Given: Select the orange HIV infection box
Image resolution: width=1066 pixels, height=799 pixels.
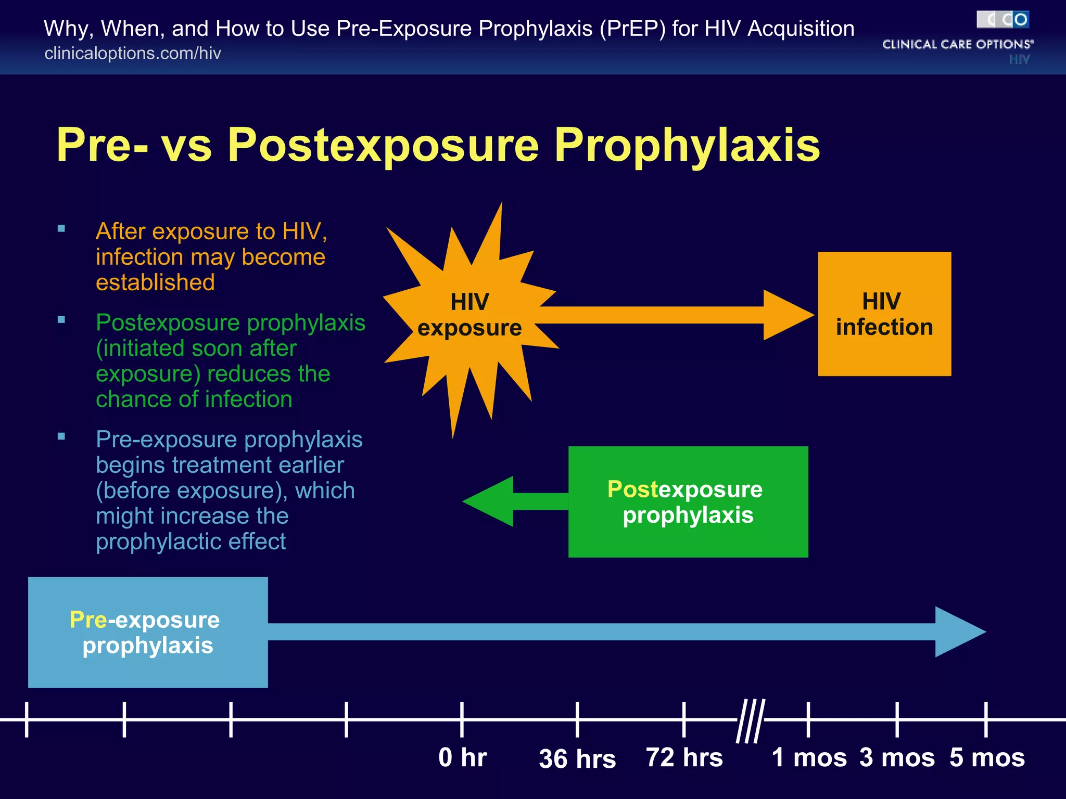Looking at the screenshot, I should tap(884, 314).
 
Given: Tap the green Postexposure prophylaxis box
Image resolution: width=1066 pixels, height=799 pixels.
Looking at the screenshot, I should tap(688, 502).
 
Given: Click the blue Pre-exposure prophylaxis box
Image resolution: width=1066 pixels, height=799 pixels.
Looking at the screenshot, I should tap(148, 632).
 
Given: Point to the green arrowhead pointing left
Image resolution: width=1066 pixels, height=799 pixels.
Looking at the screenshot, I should tap(489, 501).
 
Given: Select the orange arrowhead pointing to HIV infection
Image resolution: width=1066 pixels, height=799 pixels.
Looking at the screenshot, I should tap(786, 315).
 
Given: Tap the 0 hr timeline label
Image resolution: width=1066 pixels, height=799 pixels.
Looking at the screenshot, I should tap(462, 757).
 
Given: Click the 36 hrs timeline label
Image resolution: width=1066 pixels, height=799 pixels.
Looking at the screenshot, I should tap(577, 759).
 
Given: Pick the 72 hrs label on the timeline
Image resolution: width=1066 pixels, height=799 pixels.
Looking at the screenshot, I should tap(684, 757).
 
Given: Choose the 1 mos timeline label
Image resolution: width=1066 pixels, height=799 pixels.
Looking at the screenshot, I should tap(809, 757).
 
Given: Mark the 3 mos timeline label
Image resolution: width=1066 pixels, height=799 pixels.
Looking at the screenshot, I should tap(897, 757).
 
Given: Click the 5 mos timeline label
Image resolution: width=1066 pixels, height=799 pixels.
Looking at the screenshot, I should tap(987, 757).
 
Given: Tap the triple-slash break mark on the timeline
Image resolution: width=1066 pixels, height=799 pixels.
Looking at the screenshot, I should tap(750, 720).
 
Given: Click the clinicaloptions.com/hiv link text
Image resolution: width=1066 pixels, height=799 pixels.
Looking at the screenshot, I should tap(133, 53).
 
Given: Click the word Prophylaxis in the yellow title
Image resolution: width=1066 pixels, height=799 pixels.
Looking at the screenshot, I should tap(687, 145).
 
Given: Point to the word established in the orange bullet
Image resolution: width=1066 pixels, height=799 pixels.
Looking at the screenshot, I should tap(155, 282).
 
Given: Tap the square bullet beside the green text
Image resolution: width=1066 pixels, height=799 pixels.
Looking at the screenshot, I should tap(61, 320).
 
